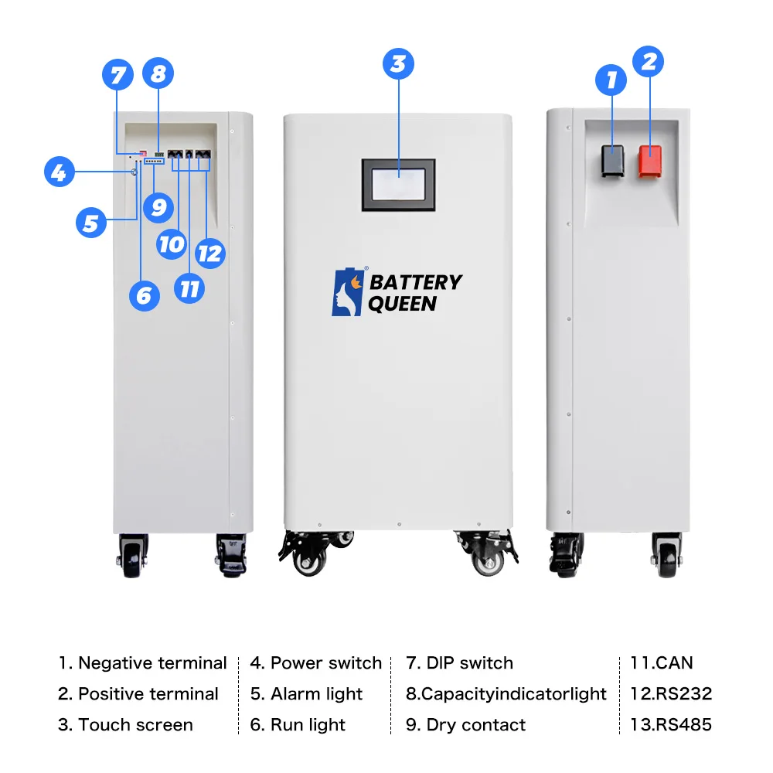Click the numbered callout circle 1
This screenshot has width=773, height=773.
[x=611, y=80]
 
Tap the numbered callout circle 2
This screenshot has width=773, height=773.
[x=649, y=62]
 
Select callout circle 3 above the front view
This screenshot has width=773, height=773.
[x=398, y=64]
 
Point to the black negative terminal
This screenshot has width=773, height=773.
[x=613, y=160]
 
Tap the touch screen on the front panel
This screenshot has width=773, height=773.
[x=398, y=185]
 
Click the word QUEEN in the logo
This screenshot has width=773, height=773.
[x=402, y=304]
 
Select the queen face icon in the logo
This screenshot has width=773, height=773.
[x=346, y=293]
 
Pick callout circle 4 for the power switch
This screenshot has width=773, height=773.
[x=60, y=172]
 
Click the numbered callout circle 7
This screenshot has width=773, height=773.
[x=117, y=76]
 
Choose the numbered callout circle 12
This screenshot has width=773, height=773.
[x=209, y=253]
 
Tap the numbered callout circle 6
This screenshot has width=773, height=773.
[x=144, y=295]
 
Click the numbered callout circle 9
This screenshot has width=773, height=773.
[x=159, y=207]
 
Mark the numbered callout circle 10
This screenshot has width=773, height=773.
[x=172, y=244]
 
